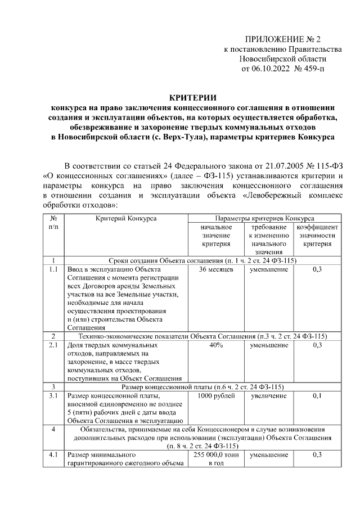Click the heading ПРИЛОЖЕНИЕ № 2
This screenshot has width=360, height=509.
coord(282,39)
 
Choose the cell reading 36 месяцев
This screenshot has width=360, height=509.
coord(216,269)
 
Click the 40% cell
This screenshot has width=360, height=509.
coord(216,345)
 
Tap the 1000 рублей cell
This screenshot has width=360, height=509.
coord(216,396)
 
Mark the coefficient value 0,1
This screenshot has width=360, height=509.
coord(317,396)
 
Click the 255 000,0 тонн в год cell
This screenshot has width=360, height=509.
coord(216,458)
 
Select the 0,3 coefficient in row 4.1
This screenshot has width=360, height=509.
coord(317,454)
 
